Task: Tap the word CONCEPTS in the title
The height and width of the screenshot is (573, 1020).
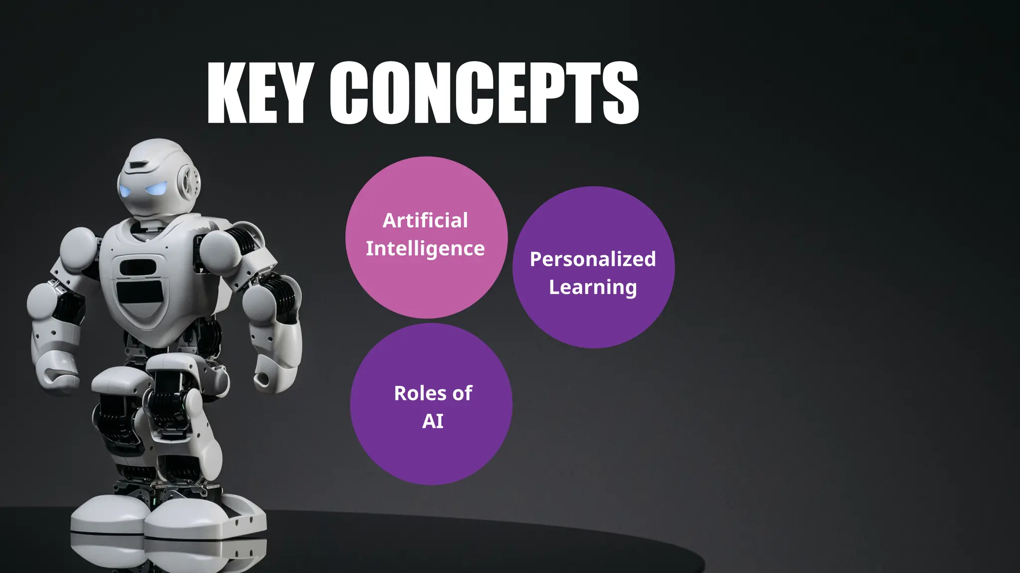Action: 484,93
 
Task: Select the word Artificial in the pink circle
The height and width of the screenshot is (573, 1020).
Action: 425,220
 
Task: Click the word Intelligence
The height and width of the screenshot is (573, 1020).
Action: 425,248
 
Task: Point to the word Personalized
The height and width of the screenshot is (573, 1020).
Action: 593,259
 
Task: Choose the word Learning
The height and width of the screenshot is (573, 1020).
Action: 593,287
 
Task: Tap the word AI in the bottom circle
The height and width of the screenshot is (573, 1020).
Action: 432,421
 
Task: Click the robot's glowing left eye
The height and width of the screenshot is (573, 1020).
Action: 156,189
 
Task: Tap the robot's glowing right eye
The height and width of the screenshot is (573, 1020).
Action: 124,191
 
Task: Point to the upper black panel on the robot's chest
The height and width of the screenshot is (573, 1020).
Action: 137,267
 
